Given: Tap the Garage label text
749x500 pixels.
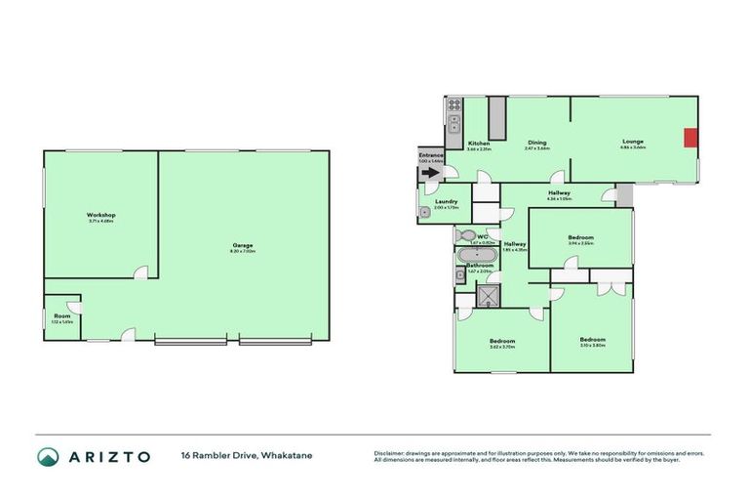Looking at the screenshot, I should [x=243, y=245].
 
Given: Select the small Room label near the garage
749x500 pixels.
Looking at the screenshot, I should [x=62, y=316].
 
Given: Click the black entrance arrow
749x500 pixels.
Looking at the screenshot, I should [x=430, y=173].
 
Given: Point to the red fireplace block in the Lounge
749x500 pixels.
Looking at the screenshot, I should [x=691, y=138].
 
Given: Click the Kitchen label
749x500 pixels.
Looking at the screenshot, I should [x=478, y=144].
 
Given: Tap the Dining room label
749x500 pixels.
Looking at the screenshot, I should [x=537, y=143].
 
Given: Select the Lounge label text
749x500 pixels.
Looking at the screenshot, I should [x=633, y=142].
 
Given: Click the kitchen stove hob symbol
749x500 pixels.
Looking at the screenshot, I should [x=453, y=123].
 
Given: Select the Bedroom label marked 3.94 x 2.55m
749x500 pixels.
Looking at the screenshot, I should [x=581, y=237].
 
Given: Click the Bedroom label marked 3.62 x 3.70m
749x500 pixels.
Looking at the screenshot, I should [x=502, y=341].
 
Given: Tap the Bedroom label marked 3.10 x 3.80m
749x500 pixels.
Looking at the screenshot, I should [x=592, y=340].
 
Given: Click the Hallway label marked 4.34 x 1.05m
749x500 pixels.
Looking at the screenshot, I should [x=559, y=193].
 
